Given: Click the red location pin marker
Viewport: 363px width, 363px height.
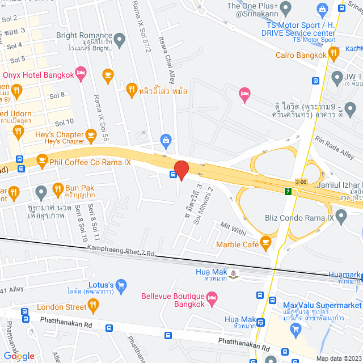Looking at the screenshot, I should point(181,170).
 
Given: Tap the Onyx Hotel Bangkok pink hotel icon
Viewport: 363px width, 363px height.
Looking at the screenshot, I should point(81,72).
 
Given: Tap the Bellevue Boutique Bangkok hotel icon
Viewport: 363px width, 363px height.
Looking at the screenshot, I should point(212,297).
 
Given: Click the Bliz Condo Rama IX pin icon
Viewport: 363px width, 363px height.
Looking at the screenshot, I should point(341,216).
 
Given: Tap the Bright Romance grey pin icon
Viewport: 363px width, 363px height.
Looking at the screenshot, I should point(119,39).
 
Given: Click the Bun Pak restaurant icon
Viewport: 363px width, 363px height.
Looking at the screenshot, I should point(57,188).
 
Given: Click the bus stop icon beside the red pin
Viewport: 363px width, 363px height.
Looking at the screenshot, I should point(172,174).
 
